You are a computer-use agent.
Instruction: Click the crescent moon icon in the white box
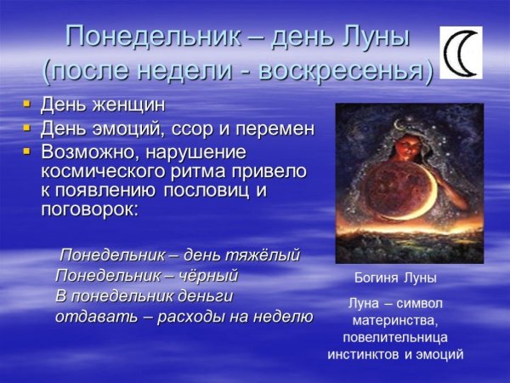[460, 53]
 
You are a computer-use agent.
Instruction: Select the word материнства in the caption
[395, 320]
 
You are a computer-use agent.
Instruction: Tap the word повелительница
[395, 337]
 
